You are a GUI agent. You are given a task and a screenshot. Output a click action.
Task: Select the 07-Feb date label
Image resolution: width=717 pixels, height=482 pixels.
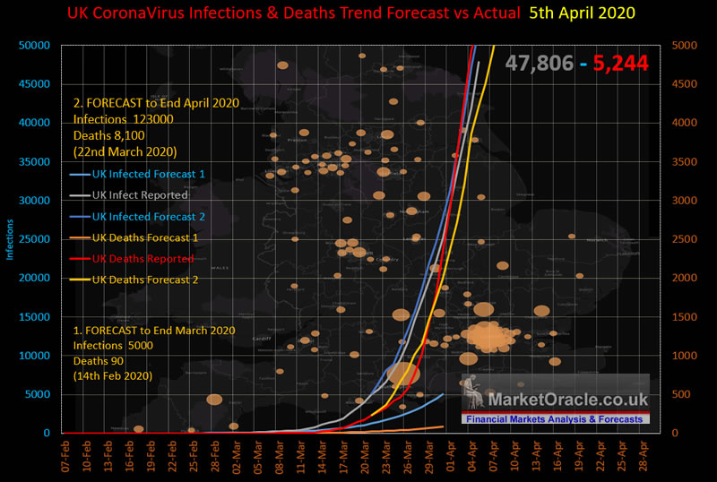(65, 457)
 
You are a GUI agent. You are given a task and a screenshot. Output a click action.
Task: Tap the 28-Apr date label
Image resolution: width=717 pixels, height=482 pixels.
(643, 457)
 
